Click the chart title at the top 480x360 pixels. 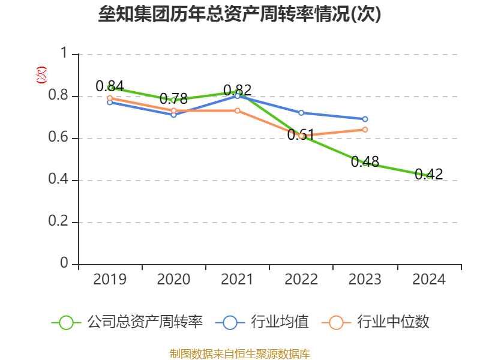pos(240,14)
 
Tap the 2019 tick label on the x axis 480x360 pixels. pos(110,280)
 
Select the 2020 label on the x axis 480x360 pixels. pos(173,280)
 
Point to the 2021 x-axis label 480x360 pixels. pos(238,280)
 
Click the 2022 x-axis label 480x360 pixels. pos(301,280)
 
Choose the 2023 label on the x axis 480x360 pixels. pos(365,280)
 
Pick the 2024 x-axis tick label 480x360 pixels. pos(429,280)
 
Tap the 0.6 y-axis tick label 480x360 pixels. pos(58,138)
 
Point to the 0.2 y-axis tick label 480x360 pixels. pos(58,222)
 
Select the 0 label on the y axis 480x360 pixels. pos(64,264)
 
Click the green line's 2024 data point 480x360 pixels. pos(428,176)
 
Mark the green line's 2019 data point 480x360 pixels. pos(110,88)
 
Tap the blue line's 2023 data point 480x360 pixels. pos(365,119)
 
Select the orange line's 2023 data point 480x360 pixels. pos(365,130)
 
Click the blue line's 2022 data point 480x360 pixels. pos(301,113)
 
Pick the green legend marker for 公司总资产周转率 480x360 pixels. pos(66,322)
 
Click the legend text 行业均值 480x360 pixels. pos(280,322)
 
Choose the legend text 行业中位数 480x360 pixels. pos(393,322)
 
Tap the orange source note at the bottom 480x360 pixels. pos(240,353)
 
